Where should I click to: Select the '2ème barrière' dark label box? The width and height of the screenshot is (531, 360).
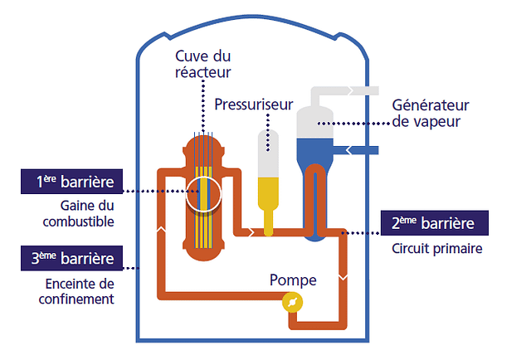tap(437, 224)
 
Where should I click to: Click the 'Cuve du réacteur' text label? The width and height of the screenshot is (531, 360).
tap(202, 64)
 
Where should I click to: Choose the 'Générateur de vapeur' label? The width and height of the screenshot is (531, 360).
tap(431, 114)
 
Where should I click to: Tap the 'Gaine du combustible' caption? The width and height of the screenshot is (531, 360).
tap(87, 213)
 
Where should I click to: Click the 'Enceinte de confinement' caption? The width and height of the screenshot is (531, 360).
tap(81, 292)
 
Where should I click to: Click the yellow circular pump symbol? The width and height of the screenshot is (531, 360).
tap(291, 304)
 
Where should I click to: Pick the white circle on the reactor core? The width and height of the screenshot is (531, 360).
tap(202, 193)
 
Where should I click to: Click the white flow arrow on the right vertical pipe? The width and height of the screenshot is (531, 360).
tap(344, 272)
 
